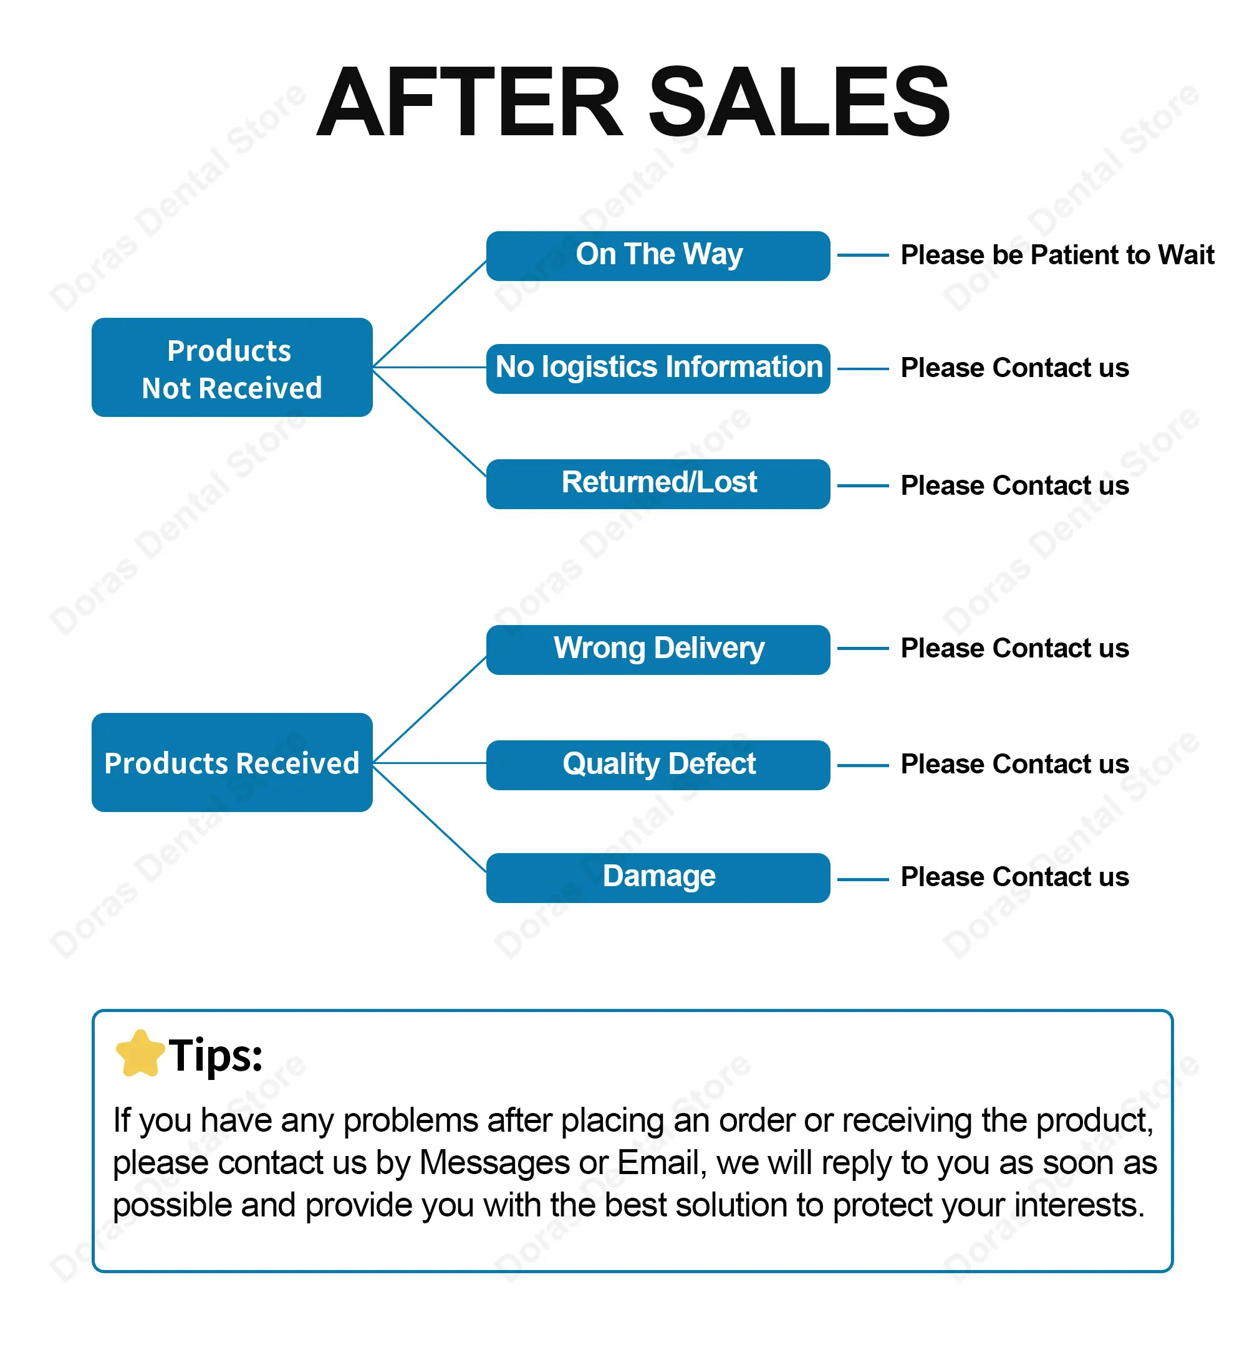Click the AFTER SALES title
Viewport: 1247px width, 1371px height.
pyautogui.click(x=633, y=102)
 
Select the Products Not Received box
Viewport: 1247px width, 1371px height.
pyautogui.click(x=232, y=367)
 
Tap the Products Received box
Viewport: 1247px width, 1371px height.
pyautogui.click(x=232, y=762)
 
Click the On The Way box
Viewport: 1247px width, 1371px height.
pyautogui.click(x=658, y=256)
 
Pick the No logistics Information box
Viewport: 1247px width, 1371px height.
pyautogui.click(x=658, y=368)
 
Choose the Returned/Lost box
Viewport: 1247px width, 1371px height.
pyautogui.click(x=658, y=484)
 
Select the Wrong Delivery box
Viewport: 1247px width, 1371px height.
pyautogui.click(x=658, y=649)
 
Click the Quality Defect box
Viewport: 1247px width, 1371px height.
pyautogui.click(x=658, y=765)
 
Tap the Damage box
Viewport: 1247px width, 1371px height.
pyautogui.click(x=658, y=878)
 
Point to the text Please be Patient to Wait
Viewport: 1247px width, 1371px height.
pyautogui.click(x=1057, y=255)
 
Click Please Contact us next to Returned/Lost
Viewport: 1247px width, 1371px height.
pyautogui.click(x=1014, y=485)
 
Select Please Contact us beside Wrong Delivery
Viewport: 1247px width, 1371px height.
pyautogui.click(x=1014, y=648)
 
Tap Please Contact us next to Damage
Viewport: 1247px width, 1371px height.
pyautogui.click(x=1014, y=877)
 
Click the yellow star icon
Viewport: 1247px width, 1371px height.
pyautogui.click(x=140, y=1053)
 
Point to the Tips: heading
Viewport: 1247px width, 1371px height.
pyautogui.click(x=216, y=1056)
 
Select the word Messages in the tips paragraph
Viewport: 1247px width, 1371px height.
pyautogui.click(x=494, y=1163)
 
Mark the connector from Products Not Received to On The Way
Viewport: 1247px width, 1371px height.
pyautogui.click(x=429, y=314)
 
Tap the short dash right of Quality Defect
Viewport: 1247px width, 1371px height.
pyautogui.click(x=863, y=765)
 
